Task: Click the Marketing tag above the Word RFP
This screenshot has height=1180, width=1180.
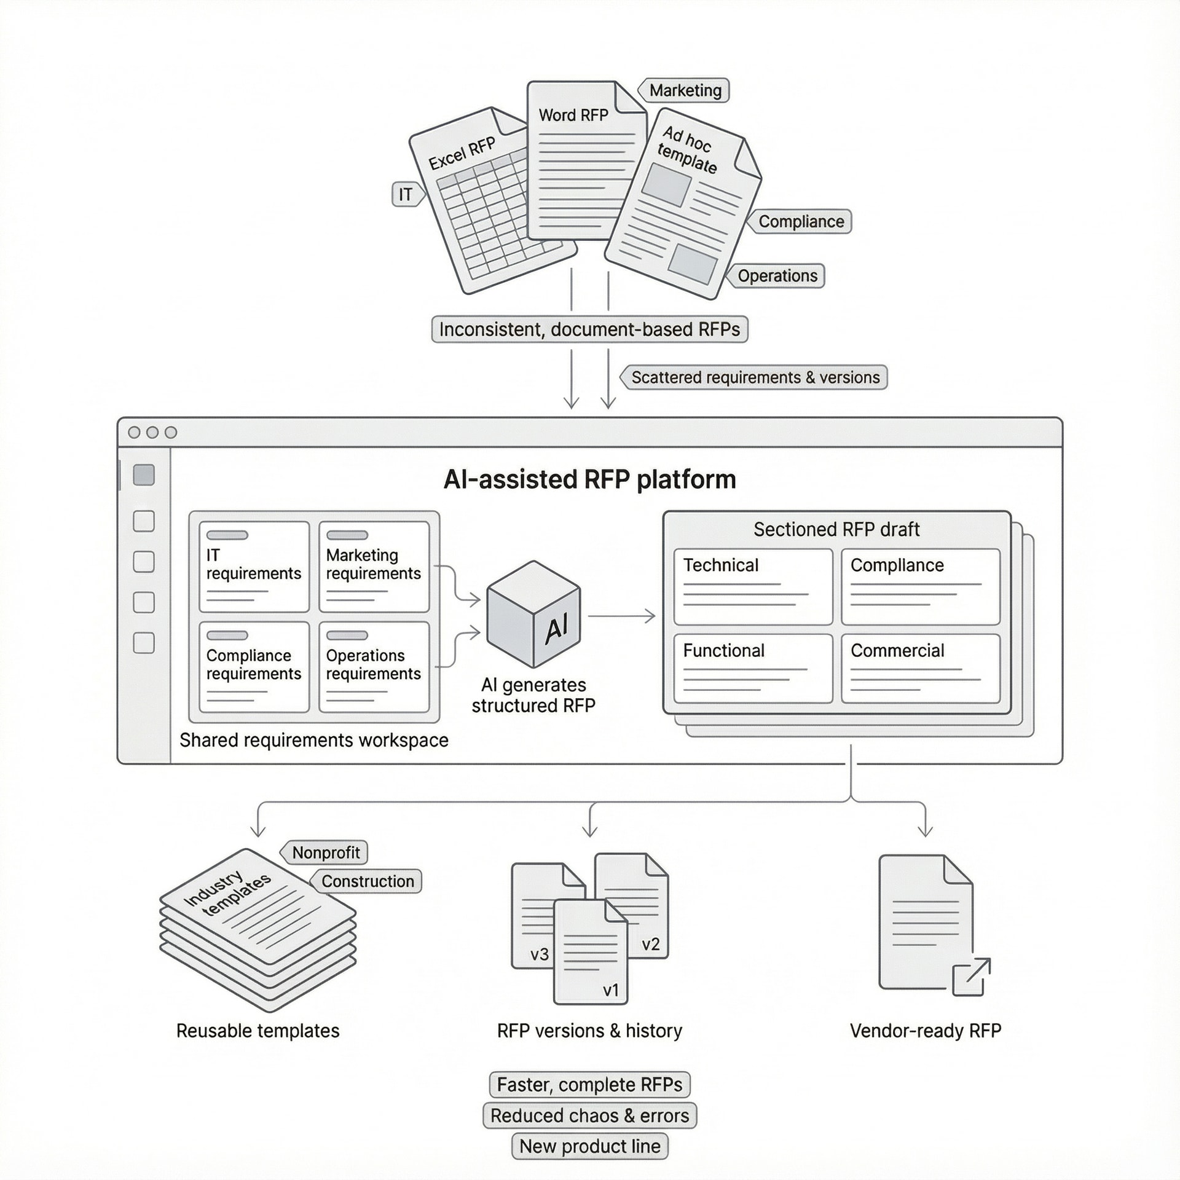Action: pyautogui.click(x=685, y=90)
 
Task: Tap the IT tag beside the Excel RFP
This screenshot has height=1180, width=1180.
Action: pyautogui.click(x=407, y=194)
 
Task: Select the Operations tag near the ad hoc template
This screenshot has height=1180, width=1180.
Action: pyautogui.click(x=777, y=275)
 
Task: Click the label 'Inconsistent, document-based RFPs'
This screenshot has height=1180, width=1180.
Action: pyautogui.click(x=589, y=329)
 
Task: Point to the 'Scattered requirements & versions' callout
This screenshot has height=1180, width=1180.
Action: pyautogui.click(x=755, y=377)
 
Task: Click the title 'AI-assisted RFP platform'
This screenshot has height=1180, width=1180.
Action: pyautogui.click(x=589, y=479)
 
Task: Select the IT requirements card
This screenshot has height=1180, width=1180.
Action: pyautogui.click(x=254, y=566)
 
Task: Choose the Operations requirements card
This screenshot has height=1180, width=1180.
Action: pyautogui.click(x=374, y=666)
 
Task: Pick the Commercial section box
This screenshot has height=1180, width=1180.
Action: pyautogui.click(x=920, y=668)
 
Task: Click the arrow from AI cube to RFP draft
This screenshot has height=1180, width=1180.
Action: pyautogui.click(x=622, y=615)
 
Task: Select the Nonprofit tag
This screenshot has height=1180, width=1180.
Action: pyautogui.click(x=325, y=852)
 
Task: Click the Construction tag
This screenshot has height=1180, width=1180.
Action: pyautogui.click(x=367, y=881)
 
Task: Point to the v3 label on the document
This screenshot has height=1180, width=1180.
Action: pyautogui.click(x=539, y=954)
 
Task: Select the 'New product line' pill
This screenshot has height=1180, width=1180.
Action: pyautogui.click(x=589, y=1146)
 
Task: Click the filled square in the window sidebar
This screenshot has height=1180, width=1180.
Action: pyautogui.click(x=144, y=474)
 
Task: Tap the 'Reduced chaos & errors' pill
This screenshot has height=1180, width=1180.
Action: pyautogui.click(x=589, y=1115)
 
